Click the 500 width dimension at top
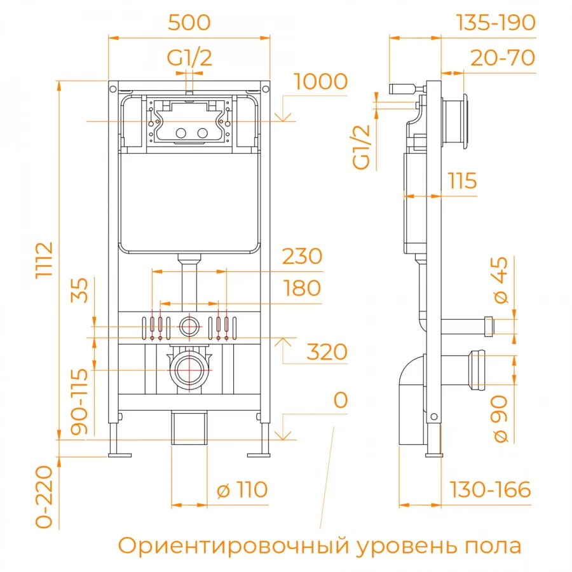pos(189,22)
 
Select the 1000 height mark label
pos(321,82)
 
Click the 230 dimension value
pos(302,256)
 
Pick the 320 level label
pos(327,351)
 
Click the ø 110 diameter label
pos(242,490)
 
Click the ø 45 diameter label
pos(501,280)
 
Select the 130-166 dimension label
pos(490,490)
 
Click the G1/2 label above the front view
pos(189,58)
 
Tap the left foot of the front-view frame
pos(119,454)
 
